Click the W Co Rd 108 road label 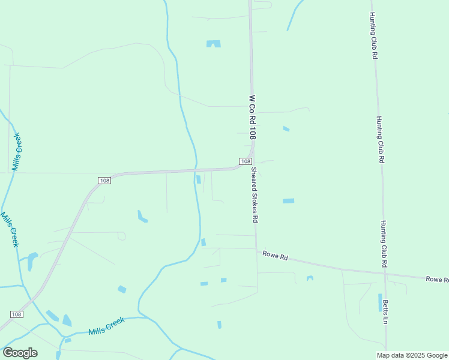click(x=253, y=118)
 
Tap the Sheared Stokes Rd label click(x=255, y=195)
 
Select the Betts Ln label click(x=386, y=311)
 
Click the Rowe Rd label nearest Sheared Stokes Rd click(x=276, y=256)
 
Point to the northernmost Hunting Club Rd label click(x=373, y=35)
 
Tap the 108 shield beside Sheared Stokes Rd click(x=245, y=161)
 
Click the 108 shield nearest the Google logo click(x=16, y=314)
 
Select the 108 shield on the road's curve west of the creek click(x=104, y=180)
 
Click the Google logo click(x=20, y=353)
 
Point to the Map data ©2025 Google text click(x=411, y=355)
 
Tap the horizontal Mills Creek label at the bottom click(x=106, y=326)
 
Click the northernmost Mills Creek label click(x=17, y=151)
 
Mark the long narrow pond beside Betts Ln click(x=380, y=302)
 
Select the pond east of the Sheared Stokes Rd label click(x=289, y=200)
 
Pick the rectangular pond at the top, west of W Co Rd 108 click(x=214, y=44)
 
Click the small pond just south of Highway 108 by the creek click(x=198, y=179)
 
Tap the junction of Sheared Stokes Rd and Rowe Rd click(x=256, y=250)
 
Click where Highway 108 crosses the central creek click(x=196, y=170)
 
